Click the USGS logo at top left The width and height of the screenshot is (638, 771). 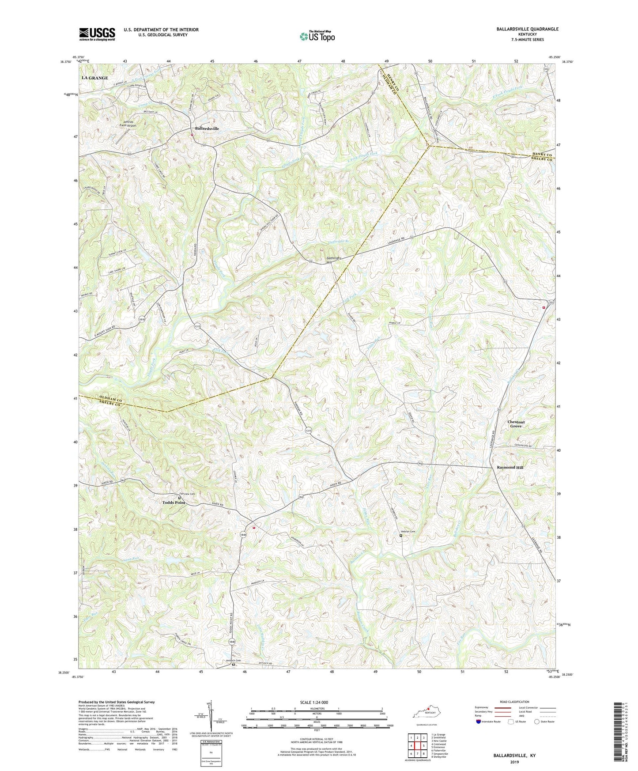pos(97,34)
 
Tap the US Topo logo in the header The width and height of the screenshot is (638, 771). pos(317,36)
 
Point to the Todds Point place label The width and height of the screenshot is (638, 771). pos(174,503)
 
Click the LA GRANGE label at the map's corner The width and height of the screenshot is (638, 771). pos(95,78)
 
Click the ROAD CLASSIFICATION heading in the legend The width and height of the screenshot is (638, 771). pos(514,702)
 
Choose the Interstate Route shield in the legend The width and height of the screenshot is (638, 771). pos(479,722)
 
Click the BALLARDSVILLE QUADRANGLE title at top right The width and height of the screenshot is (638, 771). pos(521,29)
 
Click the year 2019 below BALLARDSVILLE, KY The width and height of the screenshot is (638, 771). pos(514,762)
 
